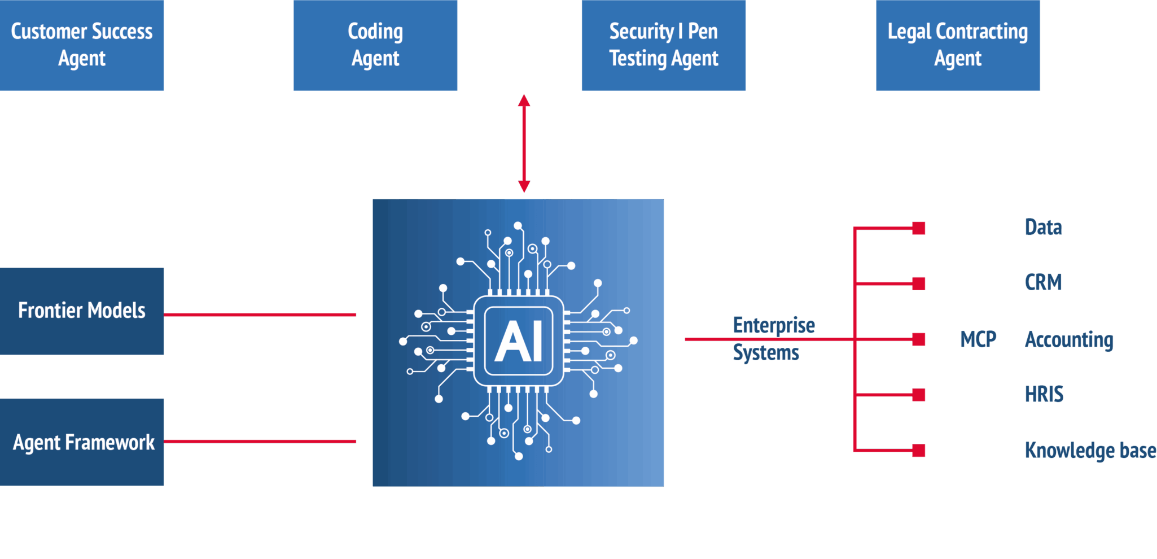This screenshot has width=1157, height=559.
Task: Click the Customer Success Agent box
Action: click(82, 45)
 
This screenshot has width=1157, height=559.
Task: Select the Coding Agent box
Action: click(375, 45)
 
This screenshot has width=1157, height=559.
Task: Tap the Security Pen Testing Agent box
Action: click(664, 45)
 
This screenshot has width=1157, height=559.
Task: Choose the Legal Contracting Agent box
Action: click(958, 45)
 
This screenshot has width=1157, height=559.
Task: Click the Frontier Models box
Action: click(82, 311)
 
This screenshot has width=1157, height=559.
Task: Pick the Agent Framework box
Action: click(82, 442)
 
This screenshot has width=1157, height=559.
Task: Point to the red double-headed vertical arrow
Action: click(524, 143)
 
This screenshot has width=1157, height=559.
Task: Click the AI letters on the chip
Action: click(519, 342)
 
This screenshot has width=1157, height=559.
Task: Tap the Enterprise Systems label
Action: click(773, 339)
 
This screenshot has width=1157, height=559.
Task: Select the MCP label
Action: click(978, 339)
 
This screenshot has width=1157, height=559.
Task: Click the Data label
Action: click(1044, 228)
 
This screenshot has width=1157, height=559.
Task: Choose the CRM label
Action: click(1044, 282)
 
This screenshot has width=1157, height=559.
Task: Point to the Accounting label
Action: click(1069, 340)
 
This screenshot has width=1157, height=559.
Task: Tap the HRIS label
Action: click(1044, 394)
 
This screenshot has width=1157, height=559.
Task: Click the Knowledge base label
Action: click(1090, 451)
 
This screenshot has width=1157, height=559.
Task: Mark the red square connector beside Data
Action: click(919, 228)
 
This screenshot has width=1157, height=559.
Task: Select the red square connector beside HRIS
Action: click(919, 395)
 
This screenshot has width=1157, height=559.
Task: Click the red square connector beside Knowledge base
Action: click(919, 451)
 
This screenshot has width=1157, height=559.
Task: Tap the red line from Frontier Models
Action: click(260, 315)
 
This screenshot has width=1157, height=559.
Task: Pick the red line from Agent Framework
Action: click(260, 442)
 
